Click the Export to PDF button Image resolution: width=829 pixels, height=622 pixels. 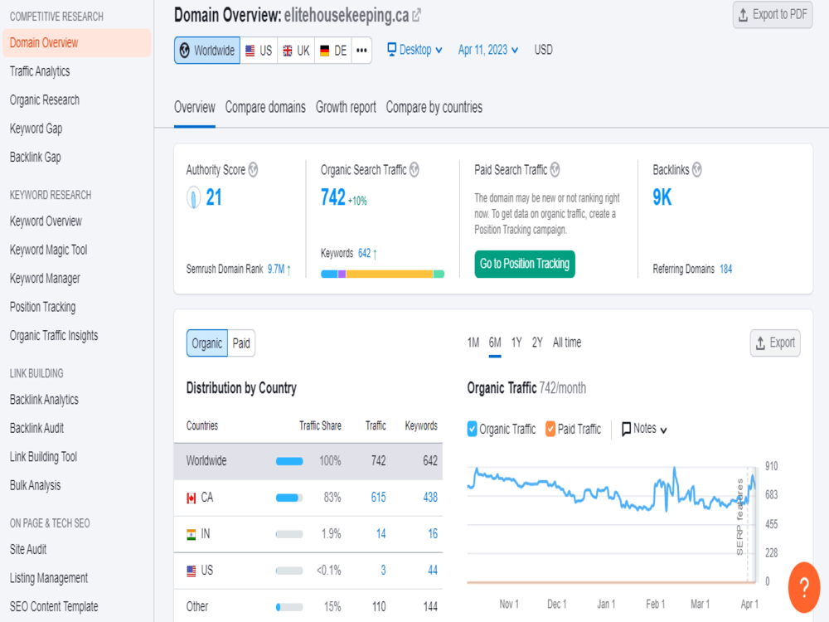click(x=773, y=15)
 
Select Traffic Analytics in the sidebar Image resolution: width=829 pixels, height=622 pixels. click(x=40, y=71)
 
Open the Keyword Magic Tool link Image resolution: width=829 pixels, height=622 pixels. click(x=49, y=250)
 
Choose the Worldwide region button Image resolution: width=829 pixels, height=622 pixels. click(x=207, y=51)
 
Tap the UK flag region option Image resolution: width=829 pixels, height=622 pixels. click(x=296, y=51)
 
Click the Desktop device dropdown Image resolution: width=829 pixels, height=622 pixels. click(x=415, y=50)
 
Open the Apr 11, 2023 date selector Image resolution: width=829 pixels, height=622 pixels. click(x=488, y=50)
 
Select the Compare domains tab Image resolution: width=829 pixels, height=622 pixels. click(x=265, y=107)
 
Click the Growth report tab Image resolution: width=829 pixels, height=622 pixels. click(x=346, y=107)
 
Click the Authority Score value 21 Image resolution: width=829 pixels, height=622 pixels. click(x=214, y=197)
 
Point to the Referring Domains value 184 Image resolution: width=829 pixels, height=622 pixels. click(x=726, y=270)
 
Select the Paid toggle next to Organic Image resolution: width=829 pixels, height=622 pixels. click(x=241, y=343)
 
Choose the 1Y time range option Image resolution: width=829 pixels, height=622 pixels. click(x=516, y=343)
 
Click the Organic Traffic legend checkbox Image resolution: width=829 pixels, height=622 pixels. click(x=473, y=429)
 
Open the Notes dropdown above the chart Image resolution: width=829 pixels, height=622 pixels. click(x=644, y=429)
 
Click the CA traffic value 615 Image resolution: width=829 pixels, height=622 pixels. click(x=379, y=497)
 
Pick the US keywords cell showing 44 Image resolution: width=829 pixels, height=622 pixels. click(x=433, y=571)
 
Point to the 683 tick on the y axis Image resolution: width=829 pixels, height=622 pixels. click(x=771, y=495)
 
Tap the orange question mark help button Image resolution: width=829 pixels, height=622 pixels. click(x=804, y=587)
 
